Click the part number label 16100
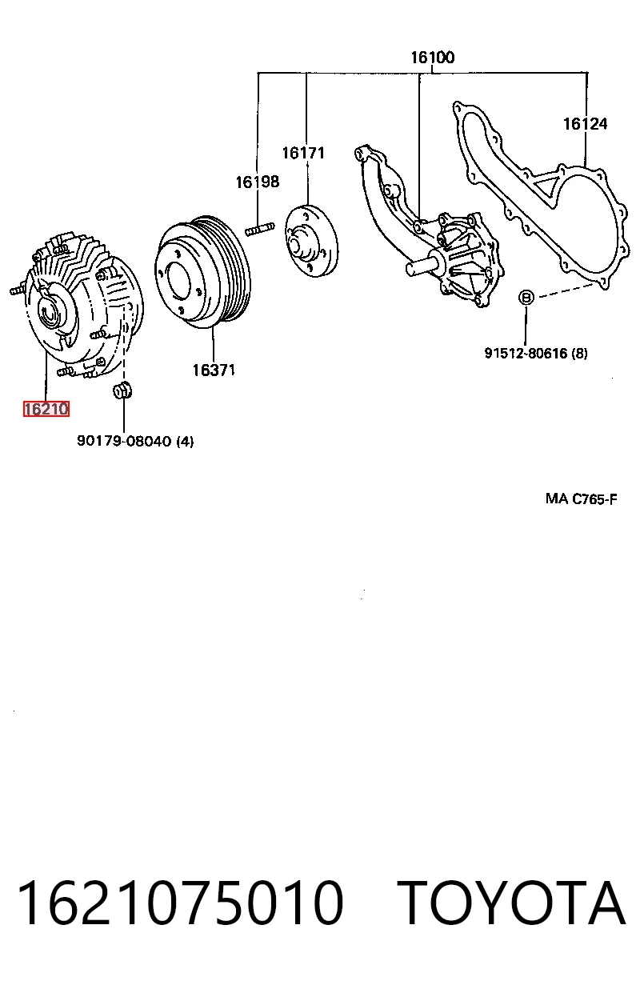click(x=432, y=58)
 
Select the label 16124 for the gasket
click(x=585, y=124)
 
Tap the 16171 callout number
click(x=303, y=153)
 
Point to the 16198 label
click(x=258, y=182)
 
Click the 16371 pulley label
click(x=214, y=370)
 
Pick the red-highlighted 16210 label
click(x=46, y=409)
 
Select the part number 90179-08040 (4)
click(x=135, y=441)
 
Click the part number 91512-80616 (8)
click(x=536, y=353)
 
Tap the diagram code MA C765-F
click(x=582, y=499)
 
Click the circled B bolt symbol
click(x=526, y=298)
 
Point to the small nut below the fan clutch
click(x=123, y=390)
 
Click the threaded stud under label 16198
click(x=260, y=229)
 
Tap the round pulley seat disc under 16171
click(x=312, y=241)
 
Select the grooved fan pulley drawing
click(x=202, y=272)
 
